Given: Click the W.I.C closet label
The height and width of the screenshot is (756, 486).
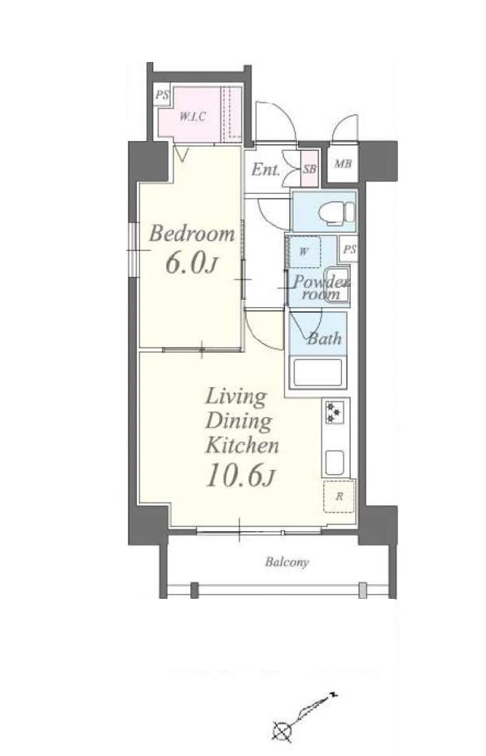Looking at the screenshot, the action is [x=193, y=116].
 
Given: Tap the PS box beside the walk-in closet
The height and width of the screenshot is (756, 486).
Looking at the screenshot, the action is [x=162, y=95].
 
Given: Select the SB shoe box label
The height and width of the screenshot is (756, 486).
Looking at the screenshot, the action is [x=309, y=169].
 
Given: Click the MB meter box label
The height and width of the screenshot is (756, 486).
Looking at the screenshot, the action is [x=343, y=164].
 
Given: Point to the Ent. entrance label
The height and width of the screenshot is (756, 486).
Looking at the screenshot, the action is [x=266, y=169].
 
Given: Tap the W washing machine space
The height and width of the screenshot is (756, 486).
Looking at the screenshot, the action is [x=304, y=252].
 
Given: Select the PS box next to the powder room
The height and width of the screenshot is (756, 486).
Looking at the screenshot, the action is [x=349, y=249].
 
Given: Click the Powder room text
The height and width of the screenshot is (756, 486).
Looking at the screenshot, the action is [x=320, y=287].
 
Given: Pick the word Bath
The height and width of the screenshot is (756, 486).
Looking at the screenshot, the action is [x=325, y=338].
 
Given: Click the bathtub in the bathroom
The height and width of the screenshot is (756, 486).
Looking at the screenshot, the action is [x=317, y=372].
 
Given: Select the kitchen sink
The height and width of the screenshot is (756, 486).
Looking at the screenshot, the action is [x=335, y=463].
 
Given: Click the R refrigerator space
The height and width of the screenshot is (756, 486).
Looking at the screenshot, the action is [x=339, y=496].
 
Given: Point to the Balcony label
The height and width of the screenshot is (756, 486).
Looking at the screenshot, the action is [x=287, y=562].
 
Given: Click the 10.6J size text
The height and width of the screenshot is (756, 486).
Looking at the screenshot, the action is [x=240, y=477].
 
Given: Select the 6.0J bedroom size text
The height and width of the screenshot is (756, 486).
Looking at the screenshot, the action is [x=191, y=263].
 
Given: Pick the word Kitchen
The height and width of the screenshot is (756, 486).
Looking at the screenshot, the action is [x=243, y=445].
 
